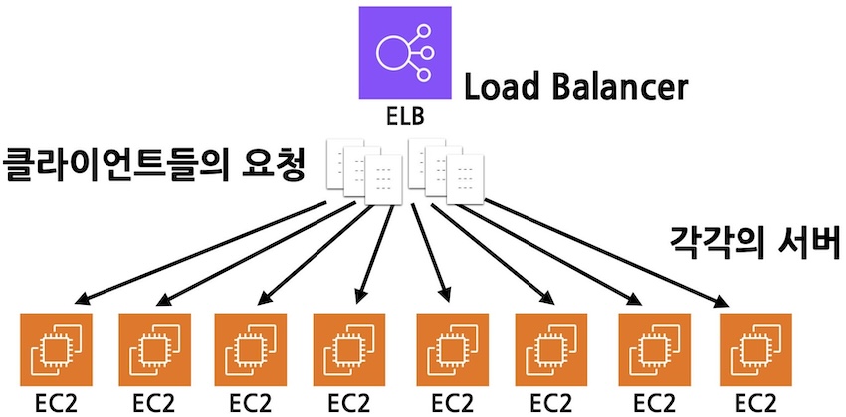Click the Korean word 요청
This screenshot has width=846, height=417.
click(x=294, y=163)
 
